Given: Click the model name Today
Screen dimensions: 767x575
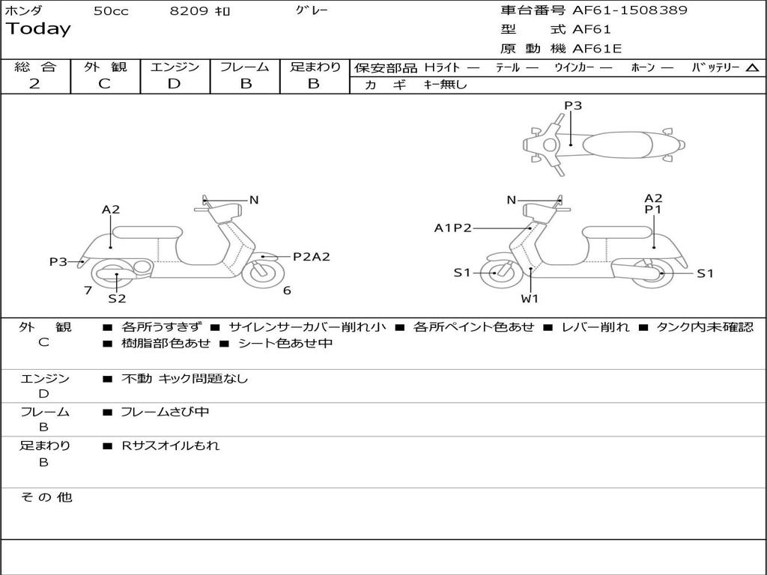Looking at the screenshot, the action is (38, 29).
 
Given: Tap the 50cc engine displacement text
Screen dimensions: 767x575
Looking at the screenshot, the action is (111, 11).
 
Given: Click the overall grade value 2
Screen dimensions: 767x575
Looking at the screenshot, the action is (34, 84).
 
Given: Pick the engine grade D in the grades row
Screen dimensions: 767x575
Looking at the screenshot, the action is (174, 84).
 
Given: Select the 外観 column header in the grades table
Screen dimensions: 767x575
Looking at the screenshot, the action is (105, 67).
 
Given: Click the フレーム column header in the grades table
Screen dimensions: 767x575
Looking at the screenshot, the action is (245, 67).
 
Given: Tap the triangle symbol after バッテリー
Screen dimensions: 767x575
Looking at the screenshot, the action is (752, 68).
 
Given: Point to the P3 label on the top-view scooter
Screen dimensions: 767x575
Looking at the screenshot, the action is (573, 106).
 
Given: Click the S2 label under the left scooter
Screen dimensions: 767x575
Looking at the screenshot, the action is (117, 299).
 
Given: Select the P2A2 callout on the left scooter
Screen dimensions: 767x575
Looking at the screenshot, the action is (311, 257).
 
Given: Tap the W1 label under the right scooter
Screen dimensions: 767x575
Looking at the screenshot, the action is (530, 299).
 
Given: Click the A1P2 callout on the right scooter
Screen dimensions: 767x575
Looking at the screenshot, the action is (452, 228).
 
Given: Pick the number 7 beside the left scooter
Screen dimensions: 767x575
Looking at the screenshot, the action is (88, 290).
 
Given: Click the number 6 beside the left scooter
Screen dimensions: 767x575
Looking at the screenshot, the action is (287, 290).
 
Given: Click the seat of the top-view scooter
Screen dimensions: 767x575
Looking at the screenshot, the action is (622, 144).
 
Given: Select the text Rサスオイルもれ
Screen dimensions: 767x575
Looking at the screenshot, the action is (171, 445).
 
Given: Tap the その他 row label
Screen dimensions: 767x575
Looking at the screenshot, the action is (46, 497).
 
